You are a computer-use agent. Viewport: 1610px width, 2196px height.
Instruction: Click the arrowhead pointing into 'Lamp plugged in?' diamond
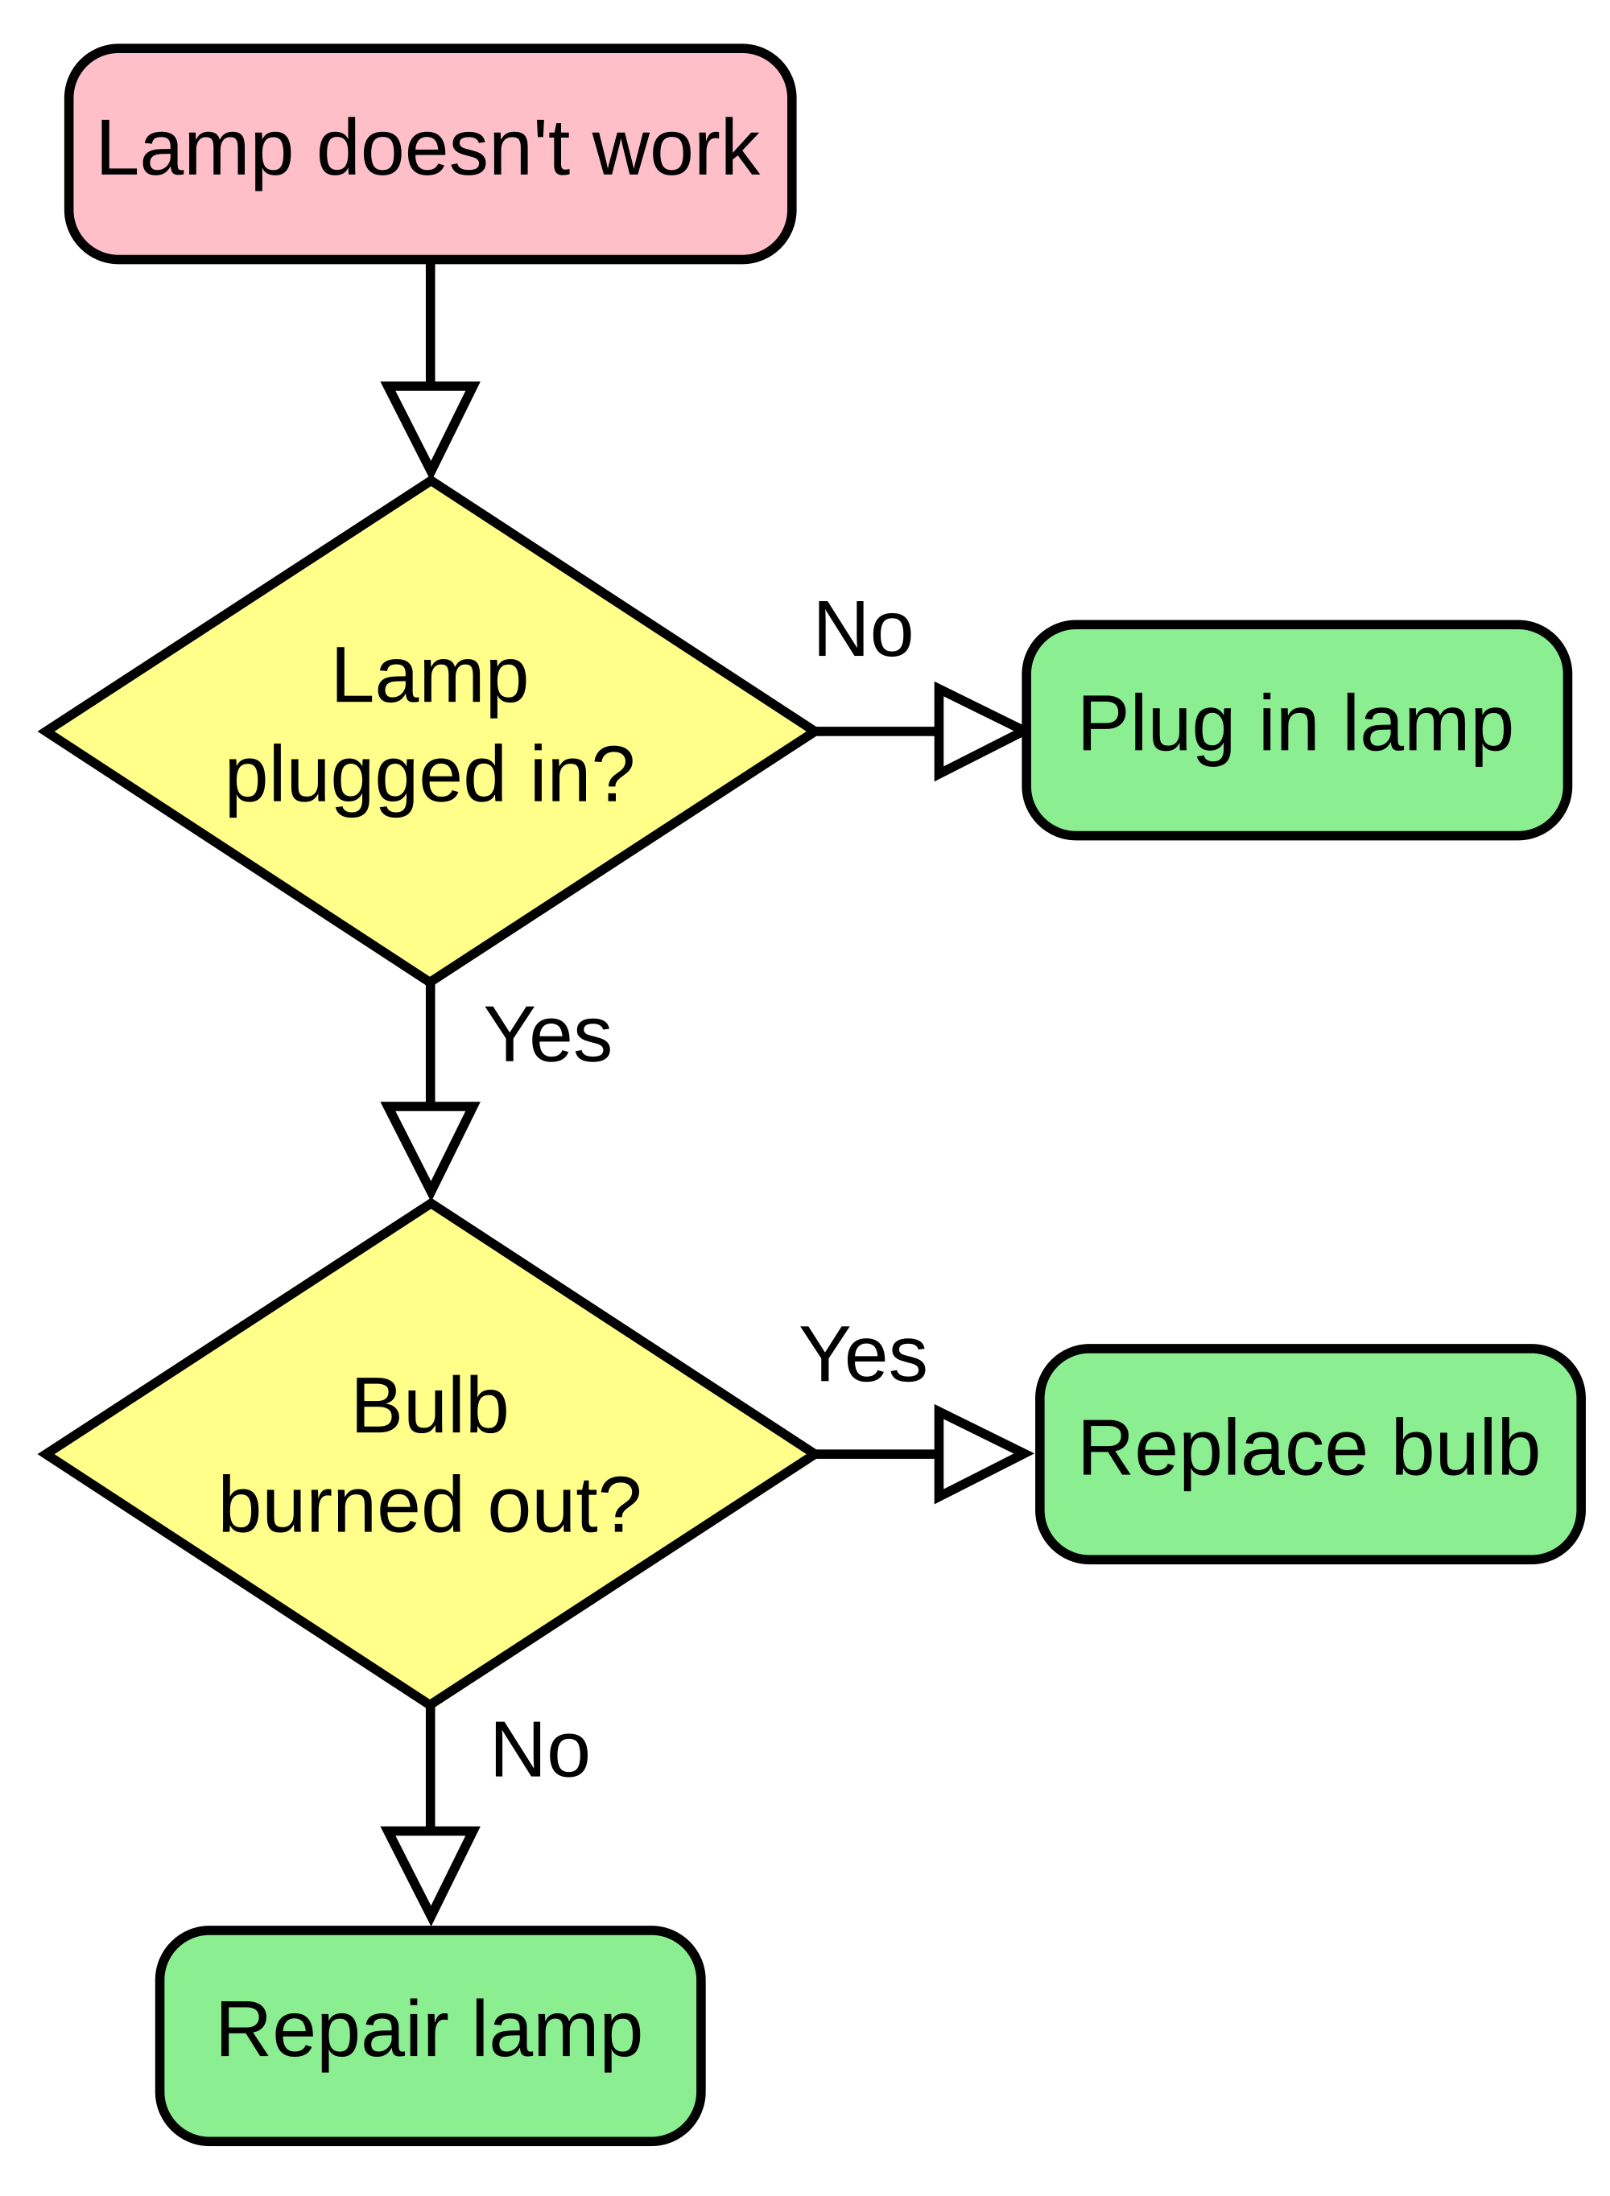coord(430,421)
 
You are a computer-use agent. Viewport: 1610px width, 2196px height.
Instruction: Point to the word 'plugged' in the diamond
coord(365,777)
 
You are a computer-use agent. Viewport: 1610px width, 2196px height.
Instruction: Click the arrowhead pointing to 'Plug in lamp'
coord(973,731)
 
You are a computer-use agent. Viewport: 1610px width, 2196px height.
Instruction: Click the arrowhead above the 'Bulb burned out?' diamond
coord(430,1141)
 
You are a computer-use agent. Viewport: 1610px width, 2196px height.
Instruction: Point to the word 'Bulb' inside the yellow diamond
coord(430,1406)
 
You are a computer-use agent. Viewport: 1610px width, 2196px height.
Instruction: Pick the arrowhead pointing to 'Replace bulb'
coord(973,1453)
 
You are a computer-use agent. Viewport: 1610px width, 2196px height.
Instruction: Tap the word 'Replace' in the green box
coord(1222,1448)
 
